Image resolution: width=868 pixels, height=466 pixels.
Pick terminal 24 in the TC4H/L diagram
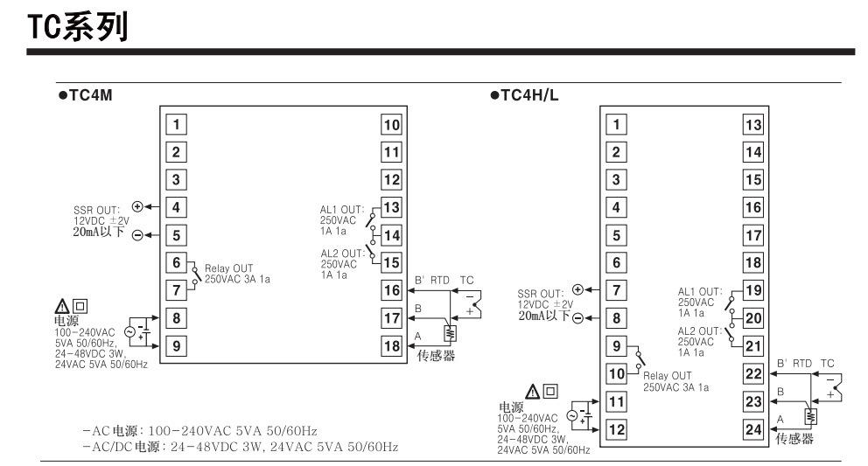(752, 429)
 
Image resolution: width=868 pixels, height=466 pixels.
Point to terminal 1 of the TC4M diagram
(176, 124)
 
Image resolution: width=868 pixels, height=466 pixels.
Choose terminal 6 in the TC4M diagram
(176, 261)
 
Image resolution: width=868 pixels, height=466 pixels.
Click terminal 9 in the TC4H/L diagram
(617, 346)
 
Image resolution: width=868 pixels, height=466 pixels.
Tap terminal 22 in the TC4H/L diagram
(752, 374)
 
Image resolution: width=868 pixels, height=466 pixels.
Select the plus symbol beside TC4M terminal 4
(136, 206)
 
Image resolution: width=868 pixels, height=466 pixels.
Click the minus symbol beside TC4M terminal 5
(136, 236)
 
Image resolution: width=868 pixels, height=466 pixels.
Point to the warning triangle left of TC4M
(64, 305)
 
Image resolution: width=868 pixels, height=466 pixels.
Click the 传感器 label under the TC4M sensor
(437, 358)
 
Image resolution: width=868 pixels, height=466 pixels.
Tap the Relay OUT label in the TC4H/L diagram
(667, 375)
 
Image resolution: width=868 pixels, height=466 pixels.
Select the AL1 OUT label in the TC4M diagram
(339, 209)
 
